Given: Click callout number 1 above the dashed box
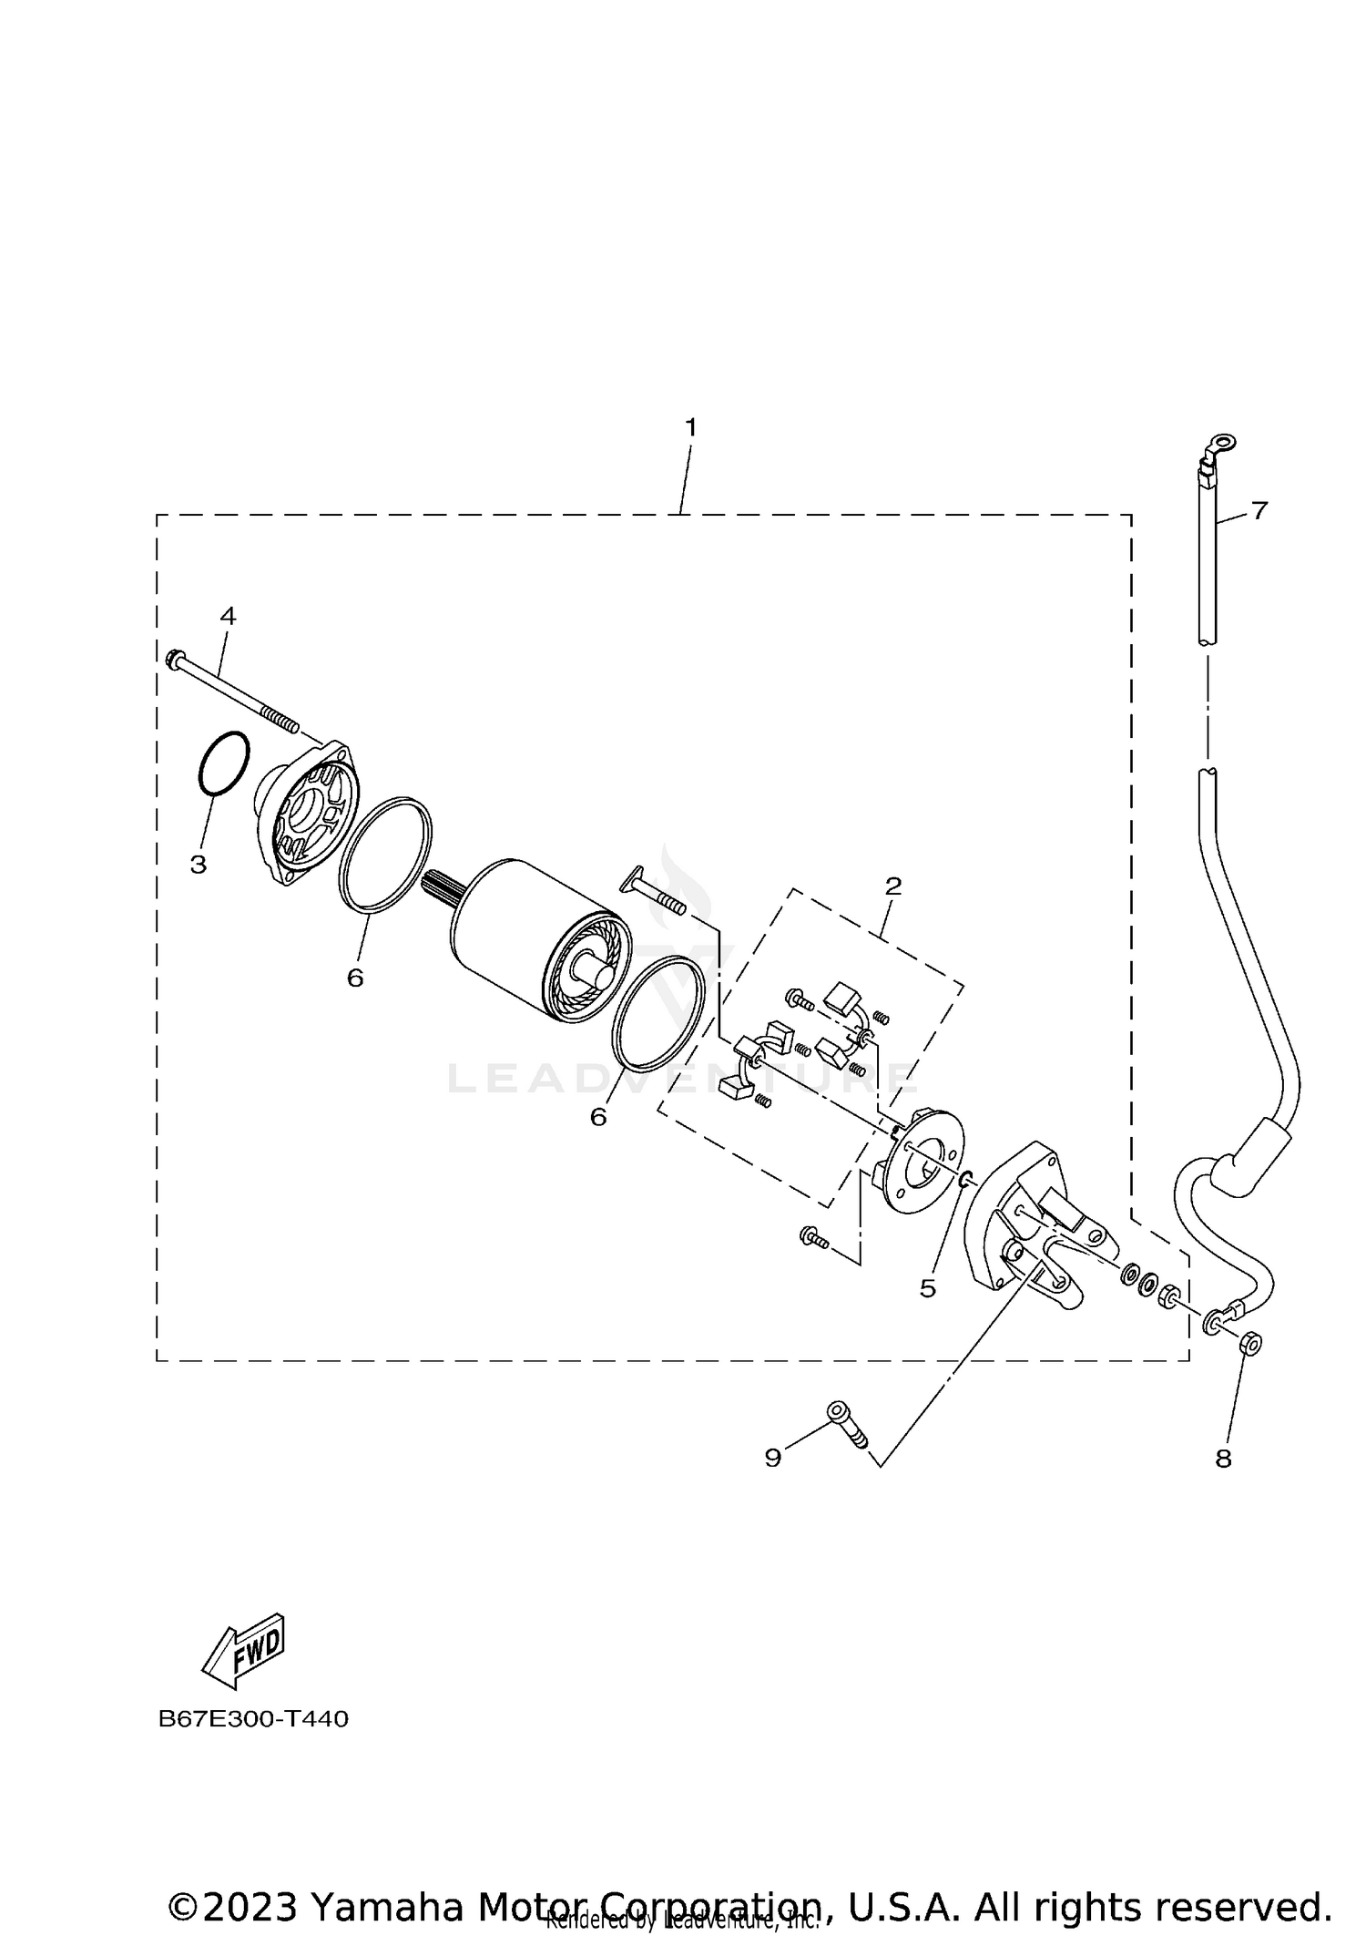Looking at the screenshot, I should click(690, 426).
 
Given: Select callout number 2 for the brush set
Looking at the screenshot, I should click(892, 885).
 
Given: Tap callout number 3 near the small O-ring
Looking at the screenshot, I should click(199, 864).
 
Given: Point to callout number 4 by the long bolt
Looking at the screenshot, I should click(228, 616).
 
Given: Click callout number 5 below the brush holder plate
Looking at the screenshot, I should click(927, 1287).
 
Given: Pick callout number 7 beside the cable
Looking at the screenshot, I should click(1259, 510).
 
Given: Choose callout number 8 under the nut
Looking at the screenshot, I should click(1223, 1459).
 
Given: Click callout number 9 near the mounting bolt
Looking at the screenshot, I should click(772, 1458).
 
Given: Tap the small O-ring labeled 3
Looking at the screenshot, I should click(223, 762).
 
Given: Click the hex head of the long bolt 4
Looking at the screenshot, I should click(175, 657).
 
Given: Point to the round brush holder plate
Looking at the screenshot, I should click(920, 1159).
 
